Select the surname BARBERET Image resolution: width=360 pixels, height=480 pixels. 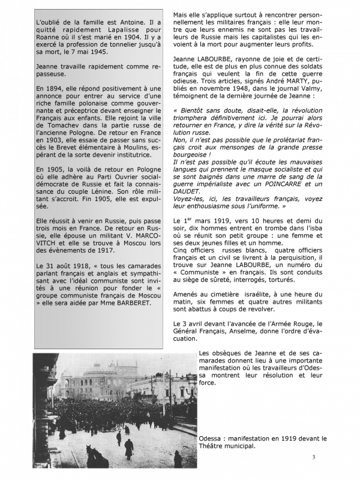coord(128,302)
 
